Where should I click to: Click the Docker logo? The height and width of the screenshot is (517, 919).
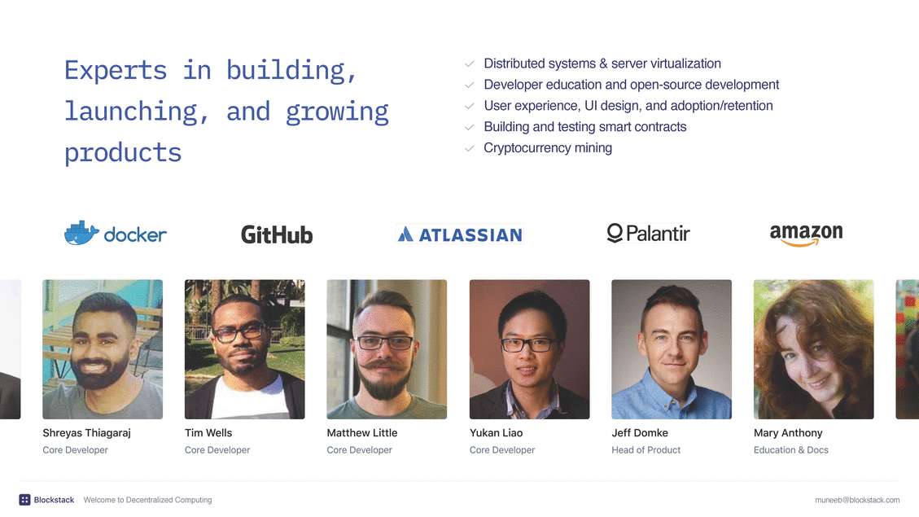pyautogui.click(x=116, y=234)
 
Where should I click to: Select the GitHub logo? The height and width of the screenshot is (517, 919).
pyautogui.click(x=277, y=235)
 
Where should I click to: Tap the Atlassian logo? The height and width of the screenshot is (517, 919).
pyautogui.click(x=460, y=234)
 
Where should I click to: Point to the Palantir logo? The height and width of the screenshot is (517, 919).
pyautogui.click(x=648, y=234)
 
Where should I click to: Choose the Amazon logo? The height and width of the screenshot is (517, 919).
pyautogui.click(x=807, y=234)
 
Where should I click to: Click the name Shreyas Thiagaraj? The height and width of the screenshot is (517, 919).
pyautogui.click(x=87, y=433)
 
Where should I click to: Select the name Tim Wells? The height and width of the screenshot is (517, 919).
pyautogui.click(x=208, y=432)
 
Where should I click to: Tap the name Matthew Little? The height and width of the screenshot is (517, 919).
pyautogui.click(x=362, y=432)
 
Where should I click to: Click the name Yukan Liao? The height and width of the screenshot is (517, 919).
pyautogui.click(x=496, y=432)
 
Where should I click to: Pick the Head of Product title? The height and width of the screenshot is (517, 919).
pyautogui.click(x=645, y=450)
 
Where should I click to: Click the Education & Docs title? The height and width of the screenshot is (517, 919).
pyautogui.click(x=791, y=450)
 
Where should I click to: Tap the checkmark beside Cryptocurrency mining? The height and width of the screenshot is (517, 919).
pyautogui.click(x=470, y=148)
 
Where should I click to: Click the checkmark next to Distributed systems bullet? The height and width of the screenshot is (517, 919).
pyautogui.click(x=470, y=64)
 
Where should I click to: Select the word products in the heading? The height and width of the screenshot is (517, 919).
pyautogui.click(x=123, y=153)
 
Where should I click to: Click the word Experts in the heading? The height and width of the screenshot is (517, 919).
pyautogui.click(x=116, y=70)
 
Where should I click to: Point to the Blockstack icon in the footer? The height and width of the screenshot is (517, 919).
pyautogui.click(x=24, y=500)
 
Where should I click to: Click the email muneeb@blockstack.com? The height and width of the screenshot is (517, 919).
pyautogui.click(x=857, y=500)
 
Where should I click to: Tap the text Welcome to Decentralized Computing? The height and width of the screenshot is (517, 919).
pyautogui.click(x=147, y=500)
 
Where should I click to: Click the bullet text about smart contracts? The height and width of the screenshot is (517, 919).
pyautogui.click(x=585, y=127)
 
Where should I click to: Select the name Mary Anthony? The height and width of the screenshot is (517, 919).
pyautogui.click(x=788, y=433)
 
